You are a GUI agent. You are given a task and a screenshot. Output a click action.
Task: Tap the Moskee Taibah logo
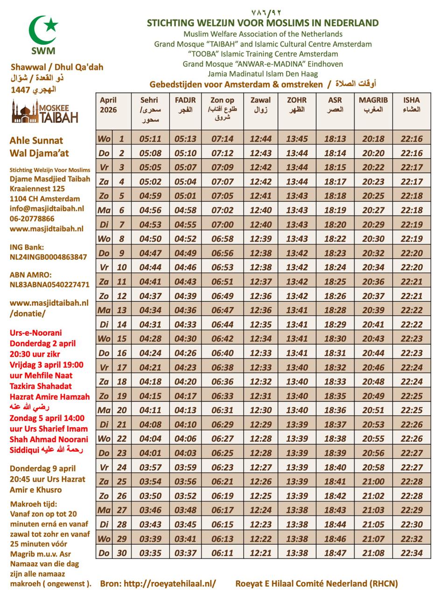tap(45, 113)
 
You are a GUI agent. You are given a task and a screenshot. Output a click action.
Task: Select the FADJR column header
tap(185, 105)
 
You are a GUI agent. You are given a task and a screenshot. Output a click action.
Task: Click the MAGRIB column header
tap(373, 105)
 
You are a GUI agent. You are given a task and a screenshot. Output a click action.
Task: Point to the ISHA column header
tap(411, 105)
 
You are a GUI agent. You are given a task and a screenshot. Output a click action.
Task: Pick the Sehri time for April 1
tap(150, 139)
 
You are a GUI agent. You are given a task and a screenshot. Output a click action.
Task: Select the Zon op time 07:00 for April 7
tap(222, 224)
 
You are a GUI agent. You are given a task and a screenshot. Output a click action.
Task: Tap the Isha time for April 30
tap(411, 553)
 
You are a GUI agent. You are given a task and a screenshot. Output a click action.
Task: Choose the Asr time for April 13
tap(335, 310)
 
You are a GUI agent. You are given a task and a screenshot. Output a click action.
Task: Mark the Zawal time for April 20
tap(260, 410)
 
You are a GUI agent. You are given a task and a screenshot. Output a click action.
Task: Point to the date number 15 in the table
tap(122, 339)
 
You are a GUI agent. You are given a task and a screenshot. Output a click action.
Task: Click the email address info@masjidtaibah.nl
tap(47, 208)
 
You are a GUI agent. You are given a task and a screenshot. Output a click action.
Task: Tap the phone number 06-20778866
tap(32, 219)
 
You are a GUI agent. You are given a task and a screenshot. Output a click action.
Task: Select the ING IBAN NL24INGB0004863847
tap(48, 257)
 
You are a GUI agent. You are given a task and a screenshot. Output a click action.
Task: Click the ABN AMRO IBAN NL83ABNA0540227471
tap(49, 285)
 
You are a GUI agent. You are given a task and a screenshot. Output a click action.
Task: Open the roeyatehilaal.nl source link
tap(158, 583)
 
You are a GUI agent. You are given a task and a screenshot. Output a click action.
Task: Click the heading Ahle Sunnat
tap(36, 140)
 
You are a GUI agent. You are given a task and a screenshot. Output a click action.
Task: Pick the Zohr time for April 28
tap(297, 524)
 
